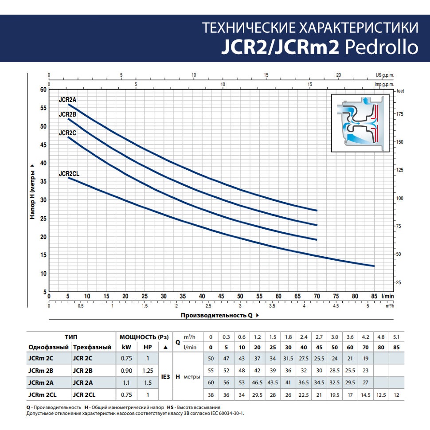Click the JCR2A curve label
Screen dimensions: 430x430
click(x=68, y=100)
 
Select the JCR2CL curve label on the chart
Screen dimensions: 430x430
click(x=69, y=174)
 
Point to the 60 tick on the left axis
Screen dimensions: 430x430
click(x=43, y=90)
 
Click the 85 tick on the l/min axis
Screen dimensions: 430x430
click(x=374, y=296)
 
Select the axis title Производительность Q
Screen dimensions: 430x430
click(x=217, y=316)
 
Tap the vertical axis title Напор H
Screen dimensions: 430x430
click(x=32, y=191)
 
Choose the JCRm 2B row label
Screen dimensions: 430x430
click(x=41, y=370)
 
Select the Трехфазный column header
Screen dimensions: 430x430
click(x=92, y=347)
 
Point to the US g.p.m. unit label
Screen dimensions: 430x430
click(x=384, y=75)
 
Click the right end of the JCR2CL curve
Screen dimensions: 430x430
click(x=374, y=266)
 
